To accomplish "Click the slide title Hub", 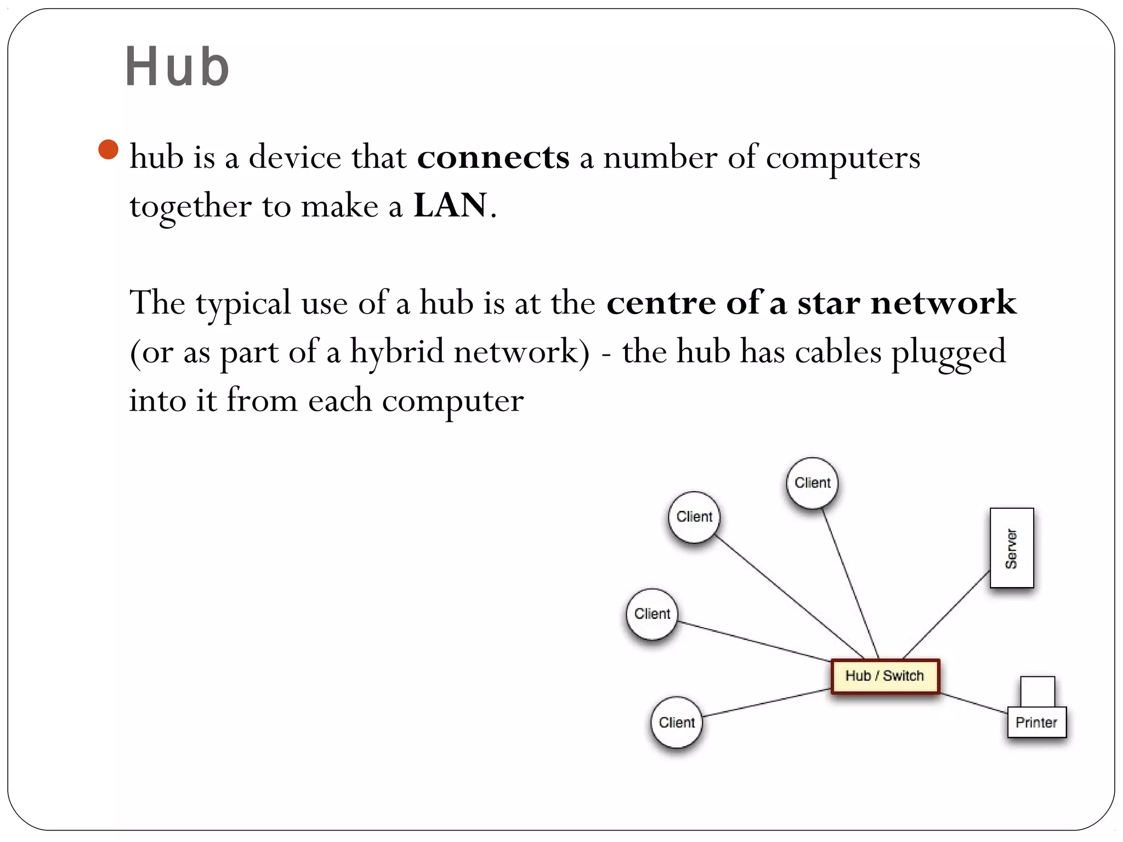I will [x=177, y=67].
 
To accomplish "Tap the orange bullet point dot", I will [x=109, y=150].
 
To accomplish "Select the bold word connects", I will [x=493, y=158].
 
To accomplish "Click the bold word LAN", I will [x=450, y=206].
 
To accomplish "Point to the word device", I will [x=295, y=158].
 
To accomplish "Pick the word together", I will [x=190, y=207].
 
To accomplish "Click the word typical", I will [x=243, y=303].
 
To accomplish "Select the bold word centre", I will [x=661, y=303].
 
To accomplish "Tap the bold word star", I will [x=828, y=303].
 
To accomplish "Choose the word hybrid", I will [x=396, y=351].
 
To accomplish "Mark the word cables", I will [x=838, y=351].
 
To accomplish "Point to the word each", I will [x=339, y=400].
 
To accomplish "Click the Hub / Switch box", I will [x=884, y=676].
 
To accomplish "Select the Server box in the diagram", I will [x=1011, y=548].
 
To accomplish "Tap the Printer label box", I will [x=1036, y=722].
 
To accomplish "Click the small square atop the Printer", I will [x=1037, y=691].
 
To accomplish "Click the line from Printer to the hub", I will [x=974, y=703].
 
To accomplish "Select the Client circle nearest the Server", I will [x=812, y=483].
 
